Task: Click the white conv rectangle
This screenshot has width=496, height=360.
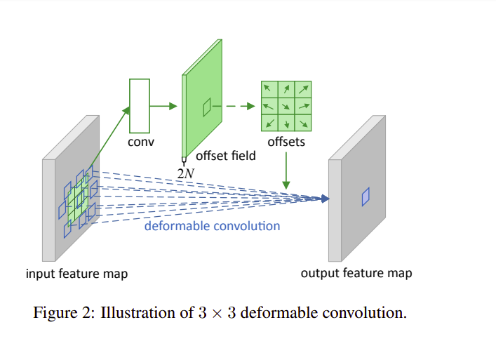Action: (x=140, y=105)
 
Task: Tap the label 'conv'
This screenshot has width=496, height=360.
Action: (x=140, y=142)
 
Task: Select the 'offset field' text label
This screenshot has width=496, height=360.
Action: (x=226, y=156)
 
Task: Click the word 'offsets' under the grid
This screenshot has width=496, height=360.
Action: (x=286, y=142)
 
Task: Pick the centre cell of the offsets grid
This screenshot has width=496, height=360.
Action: (x=286, y=106)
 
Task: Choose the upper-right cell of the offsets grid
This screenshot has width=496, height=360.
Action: (x=303, y=90)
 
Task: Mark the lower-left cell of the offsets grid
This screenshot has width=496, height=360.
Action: (x=269, y=123)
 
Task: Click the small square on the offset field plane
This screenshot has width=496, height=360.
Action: (x=207, y=107)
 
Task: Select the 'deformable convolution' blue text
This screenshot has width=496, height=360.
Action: (x=212, y=226)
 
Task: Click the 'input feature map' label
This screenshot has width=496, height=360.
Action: (x=77, y=274)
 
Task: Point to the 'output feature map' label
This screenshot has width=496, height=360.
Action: (x=356, y=273)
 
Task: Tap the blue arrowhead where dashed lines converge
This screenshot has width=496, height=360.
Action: (x=324, y=199)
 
